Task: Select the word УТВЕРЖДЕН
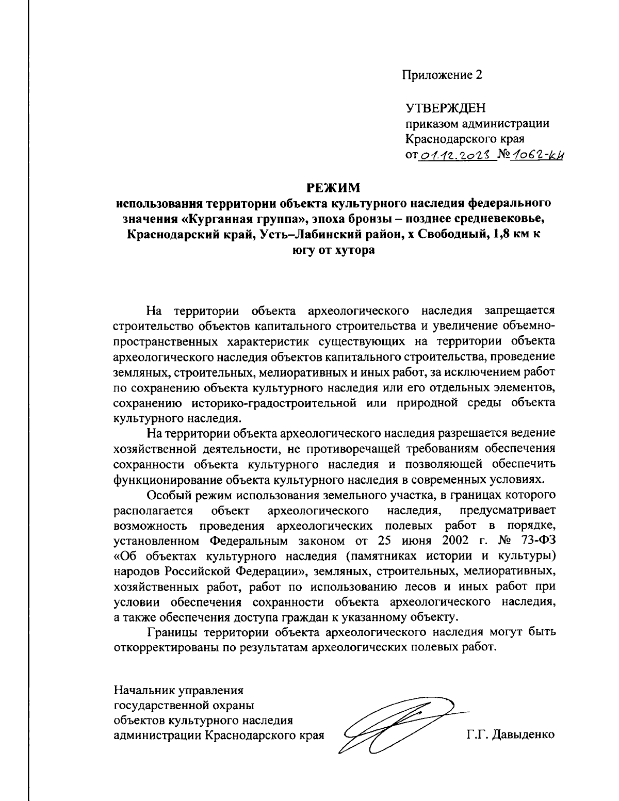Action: tap(446, 108)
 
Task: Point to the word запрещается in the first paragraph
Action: tap(520, 310)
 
